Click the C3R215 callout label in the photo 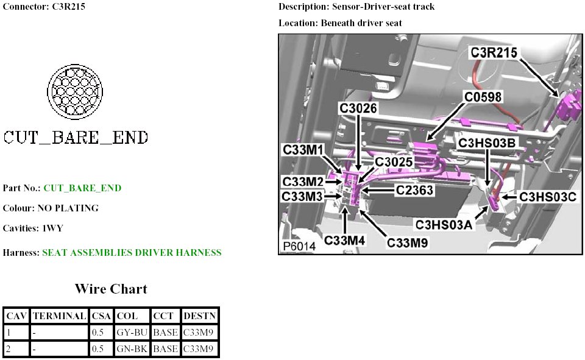[494, 53]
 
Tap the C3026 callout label [358, 108]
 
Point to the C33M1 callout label [303, 149]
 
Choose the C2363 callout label [414, 190]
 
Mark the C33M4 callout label [344, 240]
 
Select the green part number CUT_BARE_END [82, 188]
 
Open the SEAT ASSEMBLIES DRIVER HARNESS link [132, 252]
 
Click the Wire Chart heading [111, 289]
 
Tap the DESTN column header [199, 316]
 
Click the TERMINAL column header [59, 316]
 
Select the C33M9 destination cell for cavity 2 [199, 349]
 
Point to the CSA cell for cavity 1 [97, 333]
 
